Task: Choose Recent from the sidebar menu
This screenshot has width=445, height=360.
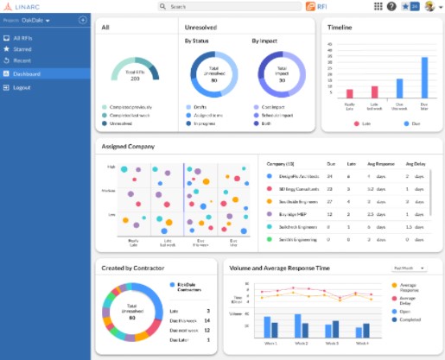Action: click(x=22, y=61)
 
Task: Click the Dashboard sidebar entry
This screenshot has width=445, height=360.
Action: click(x=27, y=74)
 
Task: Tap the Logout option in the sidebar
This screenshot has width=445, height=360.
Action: click(x=22, y=88)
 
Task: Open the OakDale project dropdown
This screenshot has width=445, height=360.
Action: click(x=36, y=20)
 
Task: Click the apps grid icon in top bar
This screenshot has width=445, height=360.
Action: click(x=378, y=7)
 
